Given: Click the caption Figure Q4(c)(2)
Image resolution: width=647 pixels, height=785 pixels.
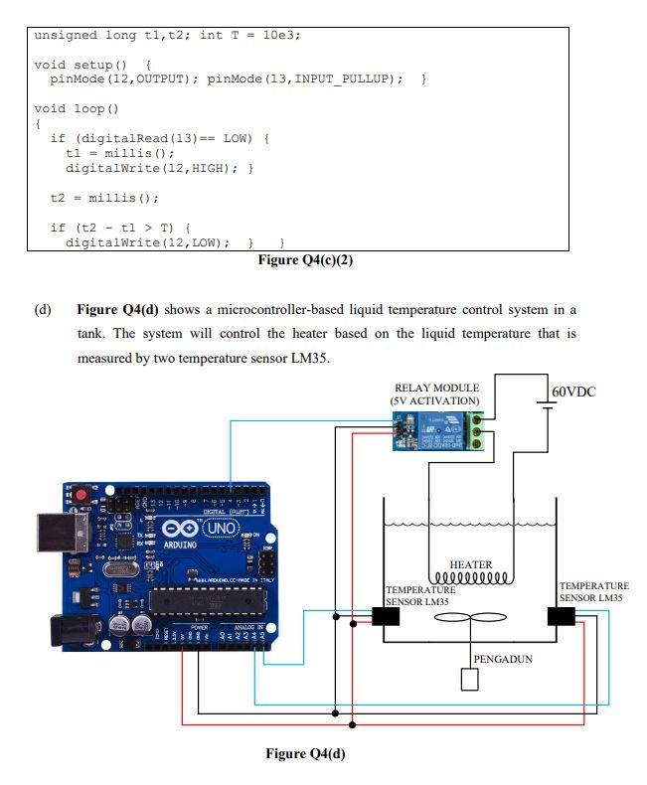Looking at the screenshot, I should coord(305,260).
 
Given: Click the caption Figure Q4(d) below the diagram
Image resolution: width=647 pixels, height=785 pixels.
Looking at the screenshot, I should coord(305,753).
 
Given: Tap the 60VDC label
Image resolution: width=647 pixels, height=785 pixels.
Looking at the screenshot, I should coord(573,392).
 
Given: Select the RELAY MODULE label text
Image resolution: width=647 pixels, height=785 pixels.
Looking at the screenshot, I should coord(436,388).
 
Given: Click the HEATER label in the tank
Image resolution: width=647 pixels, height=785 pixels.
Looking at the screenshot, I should coord(470,564).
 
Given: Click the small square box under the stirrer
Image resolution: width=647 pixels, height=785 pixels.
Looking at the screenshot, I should coord(469,680).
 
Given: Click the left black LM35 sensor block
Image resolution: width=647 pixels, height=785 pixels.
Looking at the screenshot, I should coord(386,617).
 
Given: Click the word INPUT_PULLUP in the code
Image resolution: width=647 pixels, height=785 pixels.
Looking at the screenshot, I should coord(348,78).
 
